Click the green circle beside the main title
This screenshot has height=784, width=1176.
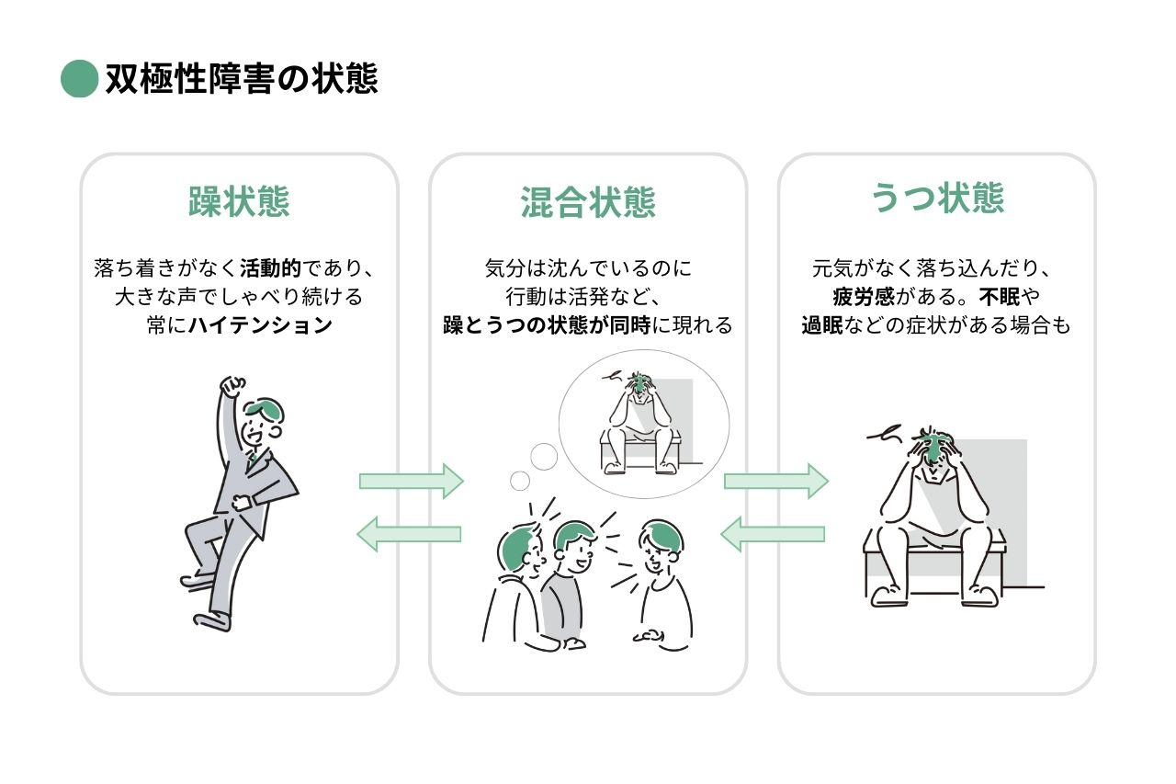pyautogui.click(x=79, y=79)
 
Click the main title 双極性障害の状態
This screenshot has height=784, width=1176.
pyautogui.click(x=241, y=79)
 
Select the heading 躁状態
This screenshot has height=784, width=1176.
pyautogui.click(x=239, y=201)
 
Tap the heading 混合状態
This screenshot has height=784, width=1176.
pyautogui.click(x=588, y=201)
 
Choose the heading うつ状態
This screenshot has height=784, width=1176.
pyautogui.click(x=937, y=199)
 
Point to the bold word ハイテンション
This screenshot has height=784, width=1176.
pyautogui.click(x=260, y=325)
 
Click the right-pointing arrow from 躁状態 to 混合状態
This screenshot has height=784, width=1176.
pyautogui.click(x=411, y=481)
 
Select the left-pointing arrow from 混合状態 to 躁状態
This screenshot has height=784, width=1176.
pyautogui.click(x=409, y=534)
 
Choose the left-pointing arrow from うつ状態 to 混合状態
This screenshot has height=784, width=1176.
pyautogui.click(x=773, y=534)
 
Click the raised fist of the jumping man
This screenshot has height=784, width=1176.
pyautogui.click(x=233, y=385)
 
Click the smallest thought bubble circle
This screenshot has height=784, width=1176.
pyautogui.click(x=520, y=480)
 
